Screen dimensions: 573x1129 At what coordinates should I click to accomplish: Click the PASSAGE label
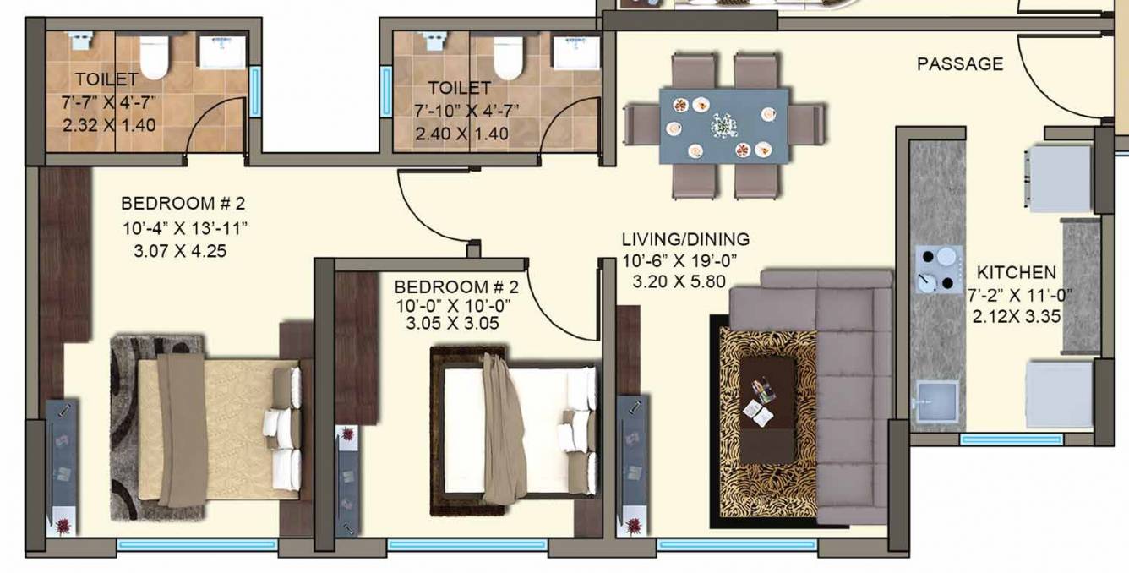(960, 64)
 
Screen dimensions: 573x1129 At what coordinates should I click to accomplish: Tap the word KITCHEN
(1016, 272)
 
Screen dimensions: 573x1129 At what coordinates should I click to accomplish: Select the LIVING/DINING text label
(685, 240)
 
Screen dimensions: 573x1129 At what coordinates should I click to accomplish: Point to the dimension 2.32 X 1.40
(108, 124)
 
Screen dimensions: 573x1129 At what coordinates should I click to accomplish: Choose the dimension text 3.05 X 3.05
(453, 323)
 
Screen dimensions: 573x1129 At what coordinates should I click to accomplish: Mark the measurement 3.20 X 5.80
(679, 282)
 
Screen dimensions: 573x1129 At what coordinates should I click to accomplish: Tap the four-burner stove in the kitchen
(938, 269)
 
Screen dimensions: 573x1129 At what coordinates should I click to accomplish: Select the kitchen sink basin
(938, 399)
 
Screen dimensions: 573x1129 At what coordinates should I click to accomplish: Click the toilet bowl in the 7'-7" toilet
(155, 57)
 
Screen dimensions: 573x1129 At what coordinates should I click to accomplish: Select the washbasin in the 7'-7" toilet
(222, 52)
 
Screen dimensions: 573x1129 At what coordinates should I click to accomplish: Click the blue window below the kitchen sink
(1000, 439)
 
